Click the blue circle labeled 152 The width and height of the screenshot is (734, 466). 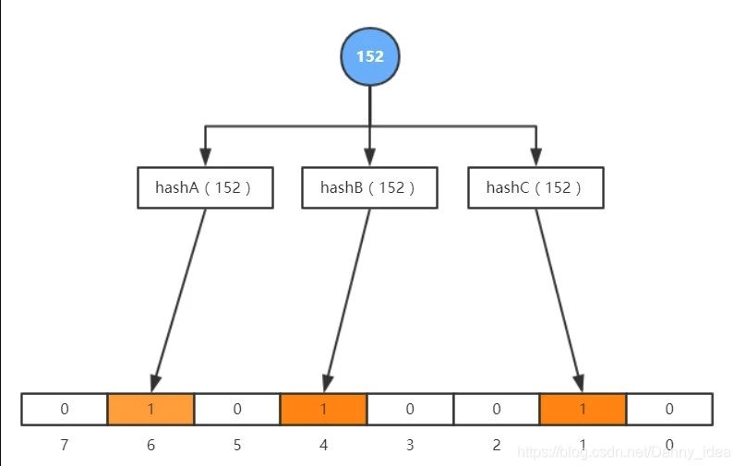pos(370,56)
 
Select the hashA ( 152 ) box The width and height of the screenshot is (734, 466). pos(205,187)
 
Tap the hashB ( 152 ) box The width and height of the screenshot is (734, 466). pos(369,187)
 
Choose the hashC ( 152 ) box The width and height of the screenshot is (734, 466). pos(535,187)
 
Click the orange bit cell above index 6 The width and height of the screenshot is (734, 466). pos(150,409)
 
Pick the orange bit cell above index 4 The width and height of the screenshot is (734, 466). pos(323,409)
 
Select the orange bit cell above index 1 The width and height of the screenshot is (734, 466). pos(583,409)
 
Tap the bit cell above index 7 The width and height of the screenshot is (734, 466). pos(65,409)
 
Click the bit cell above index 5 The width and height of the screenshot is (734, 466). pos(237,409)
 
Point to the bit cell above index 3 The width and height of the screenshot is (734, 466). pos(410,409)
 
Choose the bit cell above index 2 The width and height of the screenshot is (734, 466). pos(497,409)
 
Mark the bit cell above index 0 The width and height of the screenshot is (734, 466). pos(669,409)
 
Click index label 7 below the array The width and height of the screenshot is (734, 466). pos(65,445)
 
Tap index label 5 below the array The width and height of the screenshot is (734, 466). pos(237,445)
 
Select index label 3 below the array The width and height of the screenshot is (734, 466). pos(410,445)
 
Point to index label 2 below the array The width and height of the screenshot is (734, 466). pos(497,445)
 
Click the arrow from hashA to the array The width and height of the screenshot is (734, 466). pos(179,300)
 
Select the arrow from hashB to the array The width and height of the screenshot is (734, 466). pos(347,300)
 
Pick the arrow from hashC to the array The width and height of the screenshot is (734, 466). pos(560,300)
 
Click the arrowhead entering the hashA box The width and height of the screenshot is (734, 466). pos(205,157)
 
